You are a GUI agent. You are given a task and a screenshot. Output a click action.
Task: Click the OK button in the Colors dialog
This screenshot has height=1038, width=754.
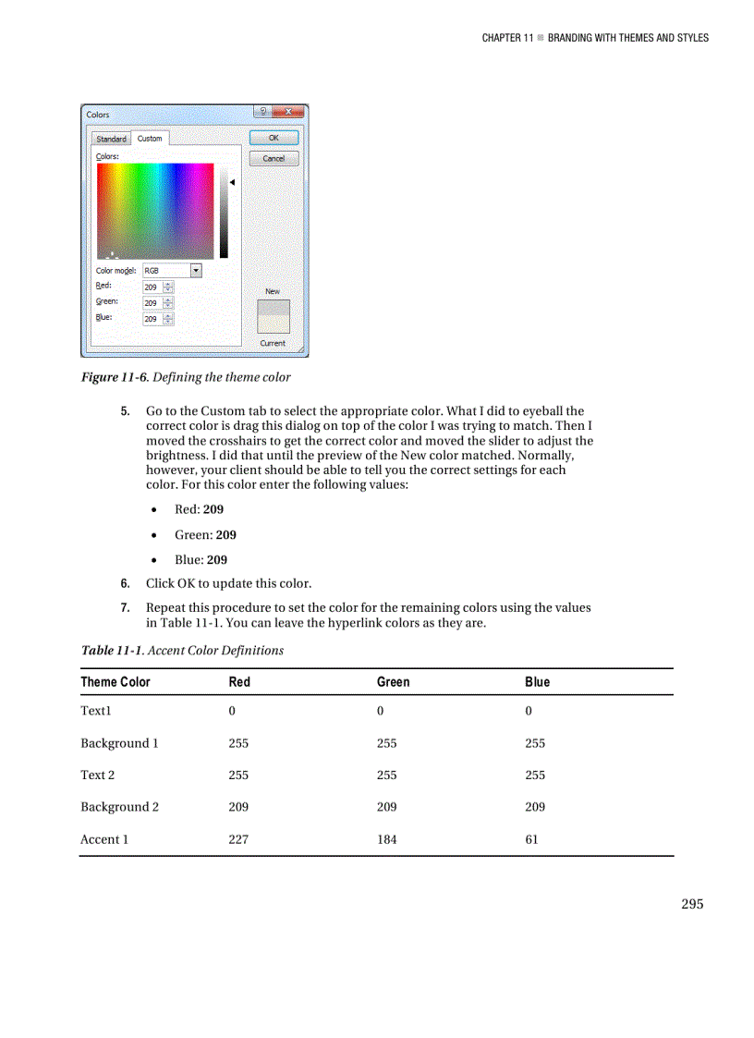(274, 138)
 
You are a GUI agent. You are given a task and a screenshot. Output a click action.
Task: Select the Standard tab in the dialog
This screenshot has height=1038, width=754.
(111, 139)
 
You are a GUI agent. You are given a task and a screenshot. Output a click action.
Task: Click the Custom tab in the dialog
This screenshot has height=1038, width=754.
(150, 139)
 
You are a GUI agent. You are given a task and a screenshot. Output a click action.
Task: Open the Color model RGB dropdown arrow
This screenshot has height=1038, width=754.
(196, 270)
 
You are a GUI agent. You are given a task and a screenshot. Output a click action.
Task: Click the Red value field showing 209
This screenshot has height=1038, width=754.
(152, 287)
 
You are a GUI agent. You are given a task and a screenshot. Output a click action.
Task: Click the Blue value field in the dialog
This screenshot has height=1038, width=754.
(152, 319)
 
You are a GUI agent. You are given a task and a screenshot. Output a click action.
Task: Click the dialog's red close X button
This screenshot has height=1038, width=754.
(288, 113)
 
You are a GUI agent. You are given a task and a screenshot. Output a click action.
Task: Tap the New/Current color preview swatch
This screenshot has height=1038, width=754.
(273, 316)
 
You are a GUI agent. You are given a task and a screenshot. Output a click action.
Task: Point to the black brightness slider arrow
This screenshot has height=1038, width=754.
(233, 182)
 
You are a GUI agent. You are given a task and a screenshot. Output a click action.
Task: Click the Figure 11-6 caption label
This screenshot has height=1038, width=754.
(115, 376)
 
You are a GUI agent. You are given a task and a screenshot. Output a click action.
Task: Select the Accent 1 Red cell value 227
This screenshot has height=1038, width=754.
(238, 839)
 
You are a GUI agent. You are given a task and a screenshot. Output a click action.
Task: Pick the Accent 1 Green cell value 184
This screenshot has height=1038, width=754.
(387, 839)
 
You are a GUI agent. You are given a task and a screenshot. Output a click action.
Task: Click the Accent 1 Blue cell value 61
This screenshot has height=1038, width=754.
(531, 839)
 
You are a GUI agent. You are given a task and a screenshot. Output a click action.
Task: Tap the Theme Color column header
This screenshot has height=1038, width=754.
(116, 682)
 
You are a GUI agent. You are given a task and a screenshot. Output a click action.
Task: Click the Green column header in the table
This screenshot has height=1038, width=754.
(393, 682)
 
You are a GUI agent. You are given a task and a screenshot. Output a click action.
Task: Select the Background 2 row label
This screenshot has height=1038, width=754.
(119, 807)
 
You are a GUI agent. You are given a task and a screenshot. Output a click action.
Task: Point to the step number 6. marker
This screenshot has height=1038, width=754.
(125, 583)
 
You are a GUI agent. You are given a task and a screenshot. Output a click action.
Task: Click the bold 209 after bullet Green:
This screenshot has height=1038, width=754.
(225, 534)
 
